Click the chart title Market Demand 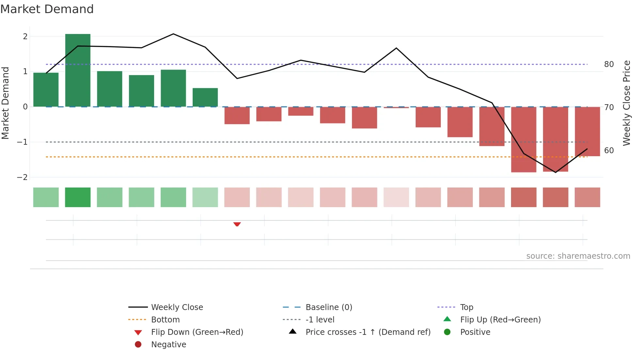click(x=47, y=9)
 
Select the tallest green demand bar click(x=78, y=70)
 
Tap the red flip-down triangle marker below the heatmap click(x=237, y=224)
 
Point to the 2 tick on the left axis click(x=25, y=36)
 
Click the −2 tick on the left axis click(x=23, y=177)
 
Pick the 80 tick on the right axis click(x=609, y=64)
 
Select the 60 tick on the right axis click(x=609, y=150)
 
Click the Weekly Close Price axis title click(x=626, y=103)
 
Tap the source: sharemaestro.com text click(x=578, y=256)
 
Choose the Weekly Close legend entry click(x=177, y=307)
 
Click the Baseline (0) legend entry click(x=328, y=307)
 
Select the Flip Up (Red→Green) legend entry click(x=500, y=319)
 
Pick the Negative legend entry click(x=168, y=344)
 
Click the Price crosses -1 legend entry click(x=368, y=332)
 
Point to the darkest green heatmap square click(x=78, y=197)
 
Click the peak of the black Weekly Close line click(x=173, y=34)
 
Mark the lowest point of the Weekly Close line click(x=555, y=172)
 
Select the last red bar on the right click(x=587, y=131)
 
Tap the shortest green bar click(x=205, y=97)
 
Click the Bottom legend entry click(x=165, y=319)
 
